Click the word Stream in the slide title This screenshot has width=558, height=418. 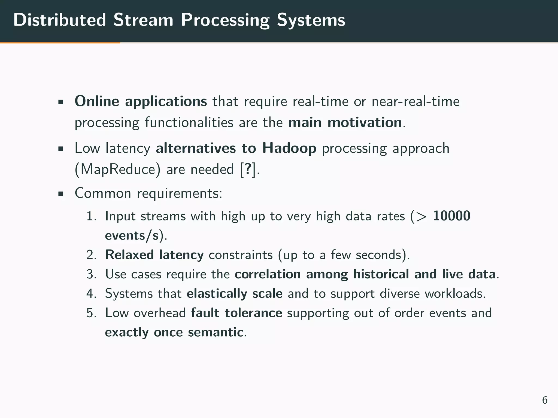pyautogui.click(x=143, y=20)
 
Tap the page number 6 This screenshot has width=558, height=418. pyautogui.click(x=545, y=400)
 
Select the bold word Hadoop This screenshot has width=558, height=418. pyautogui.click(x=289, y=148)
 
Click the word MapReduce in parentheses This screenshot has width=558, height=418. pyautogui.click(x=118, y=169)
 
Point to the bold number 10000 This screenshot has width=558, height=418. pyautogui.click(x=451, y=216)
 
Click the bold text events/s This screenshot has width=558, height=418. pyautogui.click(x=132, y=235)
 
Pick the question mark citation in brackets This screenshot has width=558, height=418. pyautogui.click(x=248, y=169)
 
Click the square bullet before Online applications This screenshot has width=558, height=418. pyautogui.click(x=61, y=103)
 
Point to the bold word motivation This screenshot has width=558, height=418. pyautogui.click(x=365, y=122)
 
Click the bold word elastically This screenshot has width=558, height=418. pyautogui.click(x=217, y=294)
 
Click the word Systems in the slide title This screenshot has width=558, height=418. pyautogui.click(x=311, y=20)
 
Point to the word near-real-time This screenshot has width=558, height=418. pyautogui.click(x=416, y=102)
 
